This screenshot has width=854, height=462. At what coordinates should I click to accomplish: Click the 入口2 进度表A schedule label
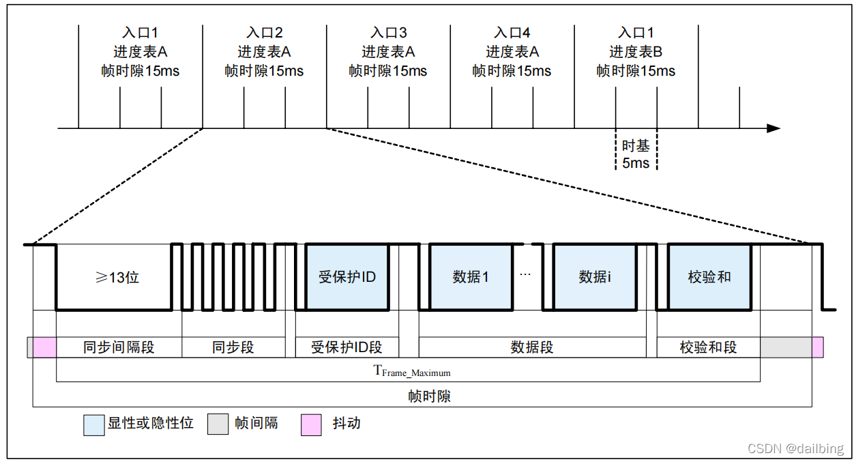tap(264, 52)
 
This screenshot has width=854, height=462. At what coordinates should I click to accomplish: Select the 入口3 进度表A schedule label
tap(388, 52)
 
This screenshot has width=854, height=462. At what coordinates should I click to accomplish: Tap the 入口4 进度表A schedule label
tap(512, 52)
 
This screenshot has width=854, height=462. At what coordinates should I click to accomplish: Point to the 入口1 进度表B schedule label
tap(636, 52)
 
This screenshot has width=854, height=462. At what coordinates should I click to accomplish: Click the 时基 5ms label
tap(636, 154)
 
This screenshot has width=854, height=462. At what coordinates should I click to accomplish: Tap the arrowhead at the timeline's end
tap(774, 128)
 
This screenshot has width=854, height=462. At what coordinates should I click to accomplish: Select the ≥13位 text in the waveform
tap(117, 277)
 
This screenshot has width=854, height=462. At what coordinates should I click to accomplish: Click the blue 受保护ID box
tap(347, 277)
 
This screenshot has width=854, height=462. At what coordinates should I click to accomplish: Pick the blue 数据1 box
tap(470, 277)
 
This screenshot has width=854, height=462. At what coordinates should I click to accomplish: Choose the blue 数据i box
tap(595, 277)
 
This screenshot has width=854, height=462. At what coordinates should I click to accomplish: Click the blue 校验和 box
tap(709, 277)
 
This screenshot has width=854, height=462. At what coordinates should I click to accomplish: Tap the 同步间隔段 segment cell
tap(119, 347)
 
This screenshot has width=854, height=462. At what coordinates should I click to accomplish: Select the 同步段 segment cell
tap(233, 347)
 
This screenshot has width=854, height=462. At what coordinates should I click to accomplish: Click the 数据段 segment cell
tap(532, 347)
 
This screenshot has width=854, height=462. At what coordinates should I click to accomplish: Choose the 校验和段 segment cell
tap(708, 347)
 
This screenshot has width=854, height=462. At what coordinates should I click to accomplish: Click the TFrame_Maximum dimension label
tap(411, 371)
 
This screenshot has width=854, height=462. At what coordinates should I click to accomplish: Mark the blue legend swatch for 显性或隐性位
tap(93, 424)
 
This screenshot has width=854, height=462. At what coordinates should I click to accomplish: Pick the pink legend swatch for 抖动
tap(311, 424)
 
